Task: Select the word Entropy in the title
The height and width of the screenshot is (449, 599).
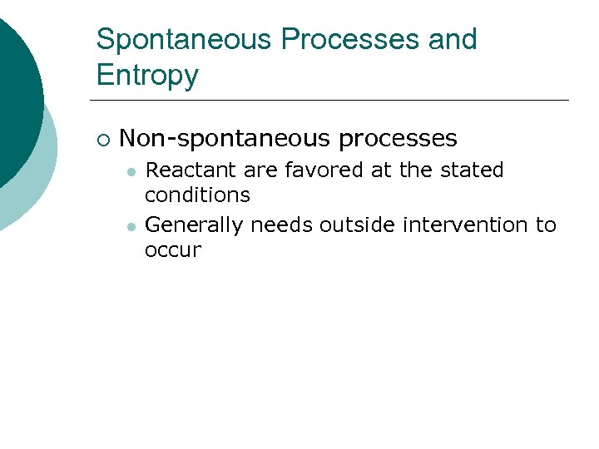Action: pos(147,76)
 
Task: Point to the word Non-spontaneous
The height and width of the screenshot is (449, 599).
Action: pos(225,138)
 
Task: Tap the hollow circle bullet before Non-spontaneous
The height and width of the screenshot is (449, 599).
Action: pos(102,139)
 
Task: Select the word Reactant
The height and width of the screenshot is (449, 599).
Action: pos(189,170)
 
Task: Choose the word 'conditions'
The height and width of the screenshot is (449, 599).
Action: pos(197,195)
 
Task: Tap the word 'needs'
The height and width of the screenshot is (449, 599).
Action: pos(278,225)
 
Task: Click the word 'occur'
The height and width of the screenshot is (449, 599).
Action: pos(172,250)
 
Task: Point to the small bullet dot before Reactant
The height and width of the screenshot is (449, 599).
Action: pos(131,171)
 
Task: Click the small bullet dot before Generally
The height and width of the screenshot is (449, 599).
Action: pos(131,226)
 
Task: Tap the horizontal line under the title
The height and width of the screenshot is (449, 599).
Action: pos(333,101)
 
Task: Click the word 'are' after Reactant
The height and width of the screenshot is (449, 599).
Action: pos(260,171)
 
